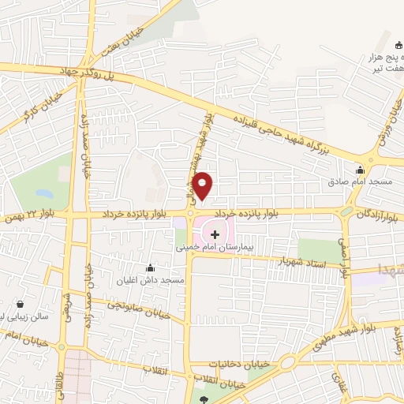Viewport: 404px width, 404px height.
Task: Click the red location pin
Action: (203, 185)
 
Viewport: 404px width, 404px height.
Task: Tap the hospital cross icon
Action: (215, 234)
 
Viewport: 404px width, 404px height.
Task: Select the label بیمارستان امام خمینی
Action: (215, 246)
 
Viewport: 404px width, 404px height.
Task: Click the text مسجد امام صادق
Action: (364, 181)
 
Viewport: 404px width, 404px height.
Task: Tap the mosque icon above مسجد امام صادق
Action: (361, 169)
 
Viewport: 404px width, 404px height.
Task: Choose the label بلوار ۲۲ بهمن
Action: (32, 216)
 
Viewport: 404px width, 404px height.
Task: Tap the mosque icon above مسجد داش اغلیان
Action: (150, 269)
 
